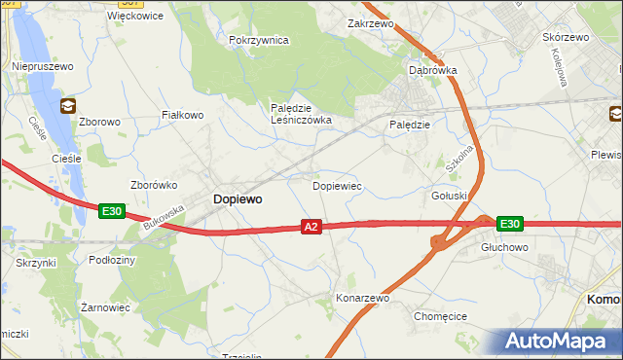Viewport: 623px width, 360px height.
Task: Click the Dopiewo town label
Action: point(237,198)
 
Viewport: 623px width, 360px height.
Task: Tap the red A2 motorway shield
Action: point(311,227)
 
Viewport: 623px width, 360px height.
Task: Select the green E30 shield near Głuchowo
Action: point(509,224)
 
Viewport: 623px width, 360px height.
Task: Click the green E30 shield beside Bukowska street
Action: point(111,210)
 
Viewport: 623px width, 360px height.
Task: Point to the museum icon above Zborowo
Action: point(68,104)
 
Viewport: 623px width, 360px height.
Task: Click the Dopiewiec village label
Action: point(337,184)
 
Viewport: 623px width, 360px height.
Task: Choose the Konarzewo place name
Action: point(361,298)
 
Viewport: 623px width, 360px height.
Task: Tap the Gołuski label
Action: point(450,196)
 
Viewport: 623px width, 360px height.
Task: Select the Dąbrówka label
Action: point(432,70)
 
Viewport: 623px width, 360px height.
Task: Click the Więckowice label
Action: point(135,16)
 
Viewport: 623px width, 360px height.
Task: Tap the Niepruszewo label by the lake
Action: point(40,65)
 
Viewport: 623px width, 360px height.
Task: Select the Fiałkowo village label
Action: point(182,115)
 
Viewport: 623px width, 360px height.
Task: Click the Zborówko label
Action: point(152,184)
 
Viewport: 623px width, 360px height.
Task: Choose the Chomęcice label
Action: point(441,316)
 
